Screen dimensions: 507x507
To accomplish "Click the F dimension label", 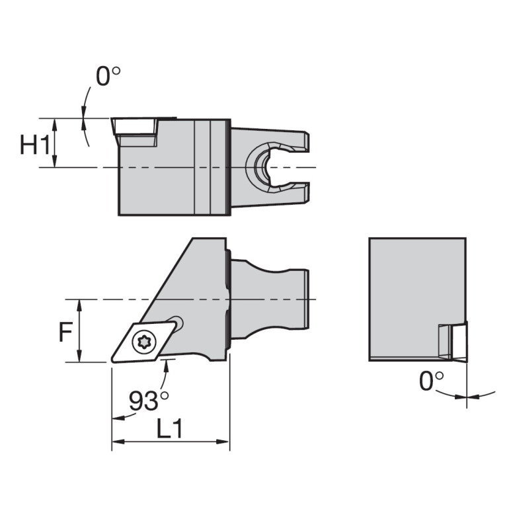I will pos(65,332).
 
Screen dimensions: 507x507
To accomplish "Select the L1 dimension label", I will pos(169,430).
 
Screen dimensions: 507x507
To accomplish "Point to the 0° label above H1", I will pos(108,77).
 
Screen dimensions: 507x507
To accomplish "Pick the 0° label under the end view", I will pos(432,381).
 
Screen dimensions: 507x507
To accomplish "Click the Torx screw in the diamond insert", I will pos(141,341).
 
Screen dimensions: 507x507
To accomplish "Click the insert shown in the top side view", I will pos(135,130).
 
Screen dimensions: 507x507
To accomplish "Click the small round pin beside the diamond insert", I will pos(176,323).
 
